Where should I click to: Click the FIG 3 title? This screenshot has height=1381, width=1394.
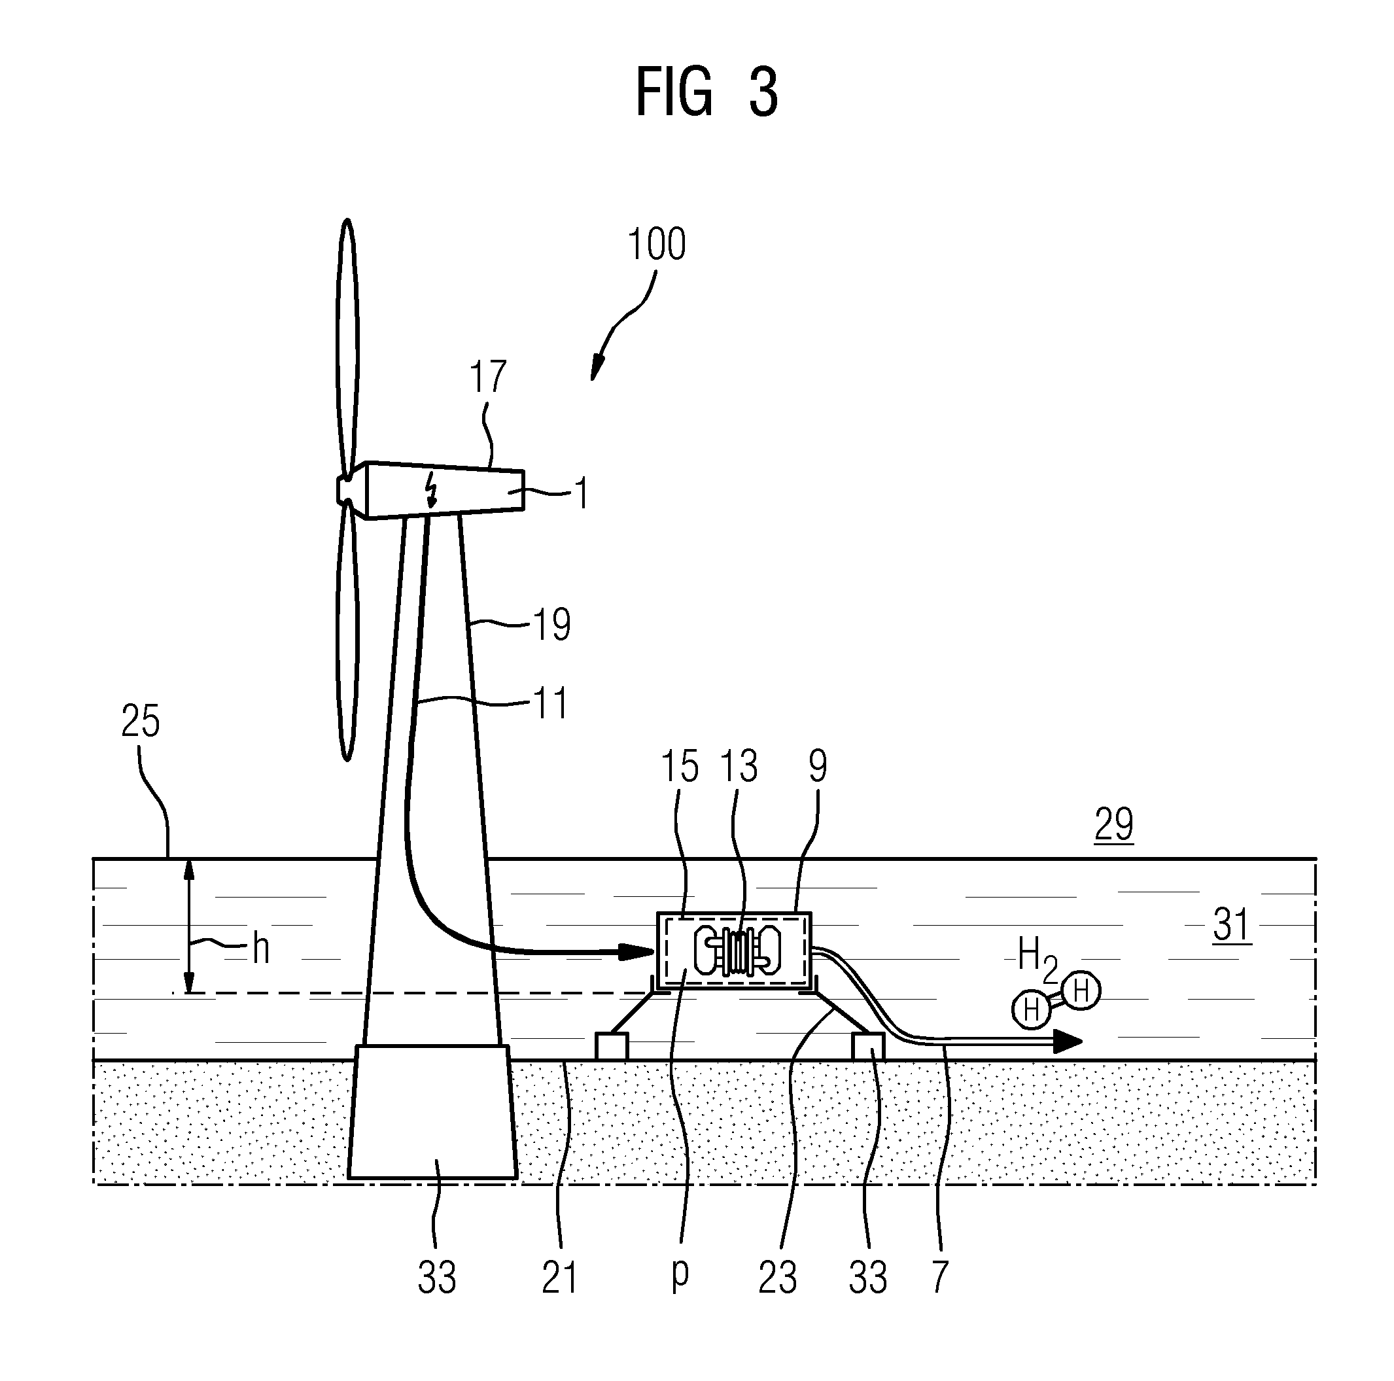[x=706, y=92]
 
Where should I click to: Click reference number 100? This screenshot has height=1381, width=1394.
[x=657, y=245]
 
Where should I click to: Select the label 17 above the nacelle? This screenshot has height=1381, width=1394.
[x=488, y=377]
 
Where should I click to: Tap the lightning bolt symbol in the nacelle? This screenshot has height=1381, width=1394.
[x=432, y=492]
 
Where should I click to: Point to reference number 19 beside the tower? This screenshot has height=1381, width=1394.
[x=552, y=624]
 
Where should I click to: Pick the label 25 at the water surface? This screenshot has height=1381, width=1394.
[x=140, y=721]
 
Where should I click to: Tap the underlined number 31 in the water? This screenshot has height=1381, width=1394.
[x=1232, y=926]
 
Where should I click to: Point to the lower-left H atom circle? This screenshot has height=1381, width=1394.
[x=1031, y=1009]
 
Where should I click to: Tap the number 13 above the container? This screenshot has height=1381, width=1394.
[x=738, y=765]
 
